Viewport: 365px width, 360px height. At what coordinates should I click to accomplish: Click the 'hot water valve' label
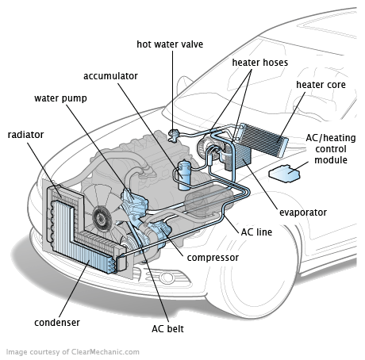point(170,44)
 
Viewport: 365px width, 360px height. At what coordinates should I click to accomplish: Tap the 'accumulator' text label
point(110,76)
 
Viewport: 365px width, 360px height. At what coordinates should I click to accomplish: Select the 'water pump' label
point(60,98)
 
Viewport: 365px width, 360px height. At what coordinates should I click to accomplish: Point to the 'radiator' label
point(25,135)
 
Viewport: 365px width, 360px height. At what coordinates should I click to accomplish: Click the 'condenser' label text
point(57,323)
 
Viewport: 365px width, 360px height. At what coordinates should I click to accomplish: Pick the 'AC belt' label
point(167,329)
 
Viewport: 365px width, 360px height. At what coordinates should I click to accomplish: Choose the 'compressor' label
point(213,258)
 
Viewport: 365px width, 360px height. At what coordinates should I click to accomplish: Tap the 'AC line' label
point(256,232)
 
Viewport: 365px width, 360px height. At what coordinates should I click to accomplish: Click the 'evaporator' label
point(303,213)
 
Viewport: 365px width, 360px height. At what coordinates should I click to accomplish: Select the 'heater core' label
point(321,85)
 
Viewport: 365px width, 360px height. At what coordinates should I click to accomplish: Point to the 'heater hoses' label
point(260,63)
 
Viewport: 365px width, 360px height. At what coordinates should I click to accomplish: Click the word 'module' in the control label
point(331,160)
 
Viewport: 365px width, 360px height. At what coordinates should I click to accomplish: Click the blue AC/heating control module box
point(285,174)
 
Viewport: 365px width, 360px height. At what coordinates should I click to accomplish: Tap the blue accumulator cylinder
point(184,175)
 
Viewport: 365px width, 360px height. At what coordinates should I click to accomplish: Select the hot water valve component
point(174,135)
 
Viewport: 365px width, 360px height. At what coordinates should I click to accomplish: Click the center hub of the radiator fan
point(101,219)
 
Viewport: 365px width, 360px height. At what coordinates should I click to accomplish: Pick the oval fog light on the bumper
point(167,277)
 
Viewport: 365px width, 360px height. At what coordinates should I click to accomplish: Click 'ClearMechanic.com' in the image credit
point(105,352)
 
